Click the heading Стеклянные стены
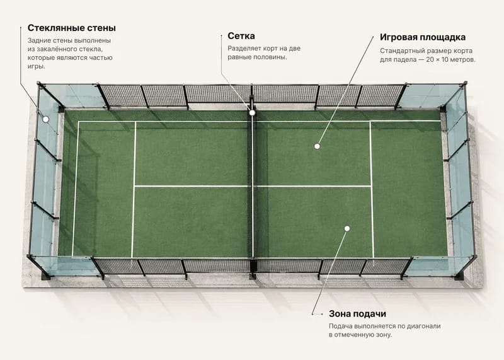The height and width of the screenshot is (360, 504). pyautogui.click(x=72, y=28)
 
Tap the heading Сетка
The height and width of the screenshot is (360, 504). pyautogui.click(x=241, y=36)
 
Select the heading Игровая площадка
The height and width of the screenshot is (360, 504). pyautogui.click(x=423, y=38)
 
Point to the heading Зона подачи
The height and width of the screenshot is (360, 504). pyautogui.click(x=357, y=314)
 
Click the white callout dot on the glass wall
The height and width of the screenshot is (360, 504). pyautogui.click(x=46, y=119)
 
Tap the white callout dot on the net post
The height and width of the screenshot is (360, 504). pyautogui.click(x=252, y=113)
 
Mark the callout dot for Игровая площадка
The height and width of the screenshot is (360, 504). pyautogui.click(x=317, y=146)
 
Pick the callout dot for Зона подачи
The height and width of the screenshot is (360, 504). pyautogui.click(x=347, y=229)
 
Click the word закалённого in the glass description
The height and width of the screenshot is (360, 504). pyautogui.click(x=61, y=49)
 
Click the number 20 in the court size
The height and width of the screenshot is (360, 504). pyautogui.click(x=430, y=59)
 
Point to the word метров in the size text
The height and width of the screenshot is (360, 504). pyautogui.click(x=463, y=60)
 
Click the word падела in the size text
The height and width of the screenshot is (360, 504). pyautogui.click(x=404, y=60)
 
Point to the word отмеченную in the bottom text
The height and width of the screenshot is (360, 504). pyautogui.click(x=352, y=335)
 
